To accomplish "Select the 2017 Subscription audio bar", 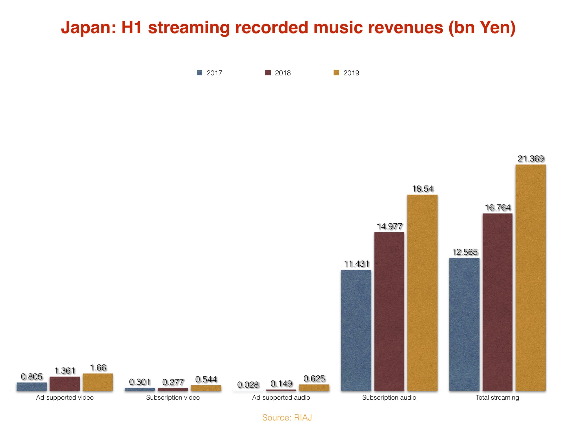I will pos(356,330).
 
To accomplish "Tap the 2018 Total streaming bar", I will pos(498,302).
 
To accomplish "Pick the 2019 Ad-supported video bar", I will pos(98,382).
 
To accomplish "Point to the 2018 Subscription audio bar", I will pos(389,312).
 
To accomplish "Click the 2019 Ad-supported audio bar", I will pos(314,388).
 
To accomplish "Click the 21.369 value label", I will pos(531,159).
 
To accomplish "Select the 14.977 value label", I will pos(390,226).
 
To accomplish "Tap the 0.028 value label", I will pos(248,384).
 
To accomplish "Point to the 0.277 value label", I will pos(173,382).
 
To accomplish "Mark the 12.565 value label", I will pos(465,252).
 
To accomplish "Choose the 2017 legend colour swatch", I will pos(199,73).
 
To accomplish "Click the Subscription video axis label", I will pos(173,398).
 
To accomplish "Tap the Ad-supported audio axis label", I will pos(281,398).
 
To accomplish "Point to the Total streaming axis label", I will pos(498,398).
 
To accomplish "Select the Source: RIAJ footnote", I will pos(287,418).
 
